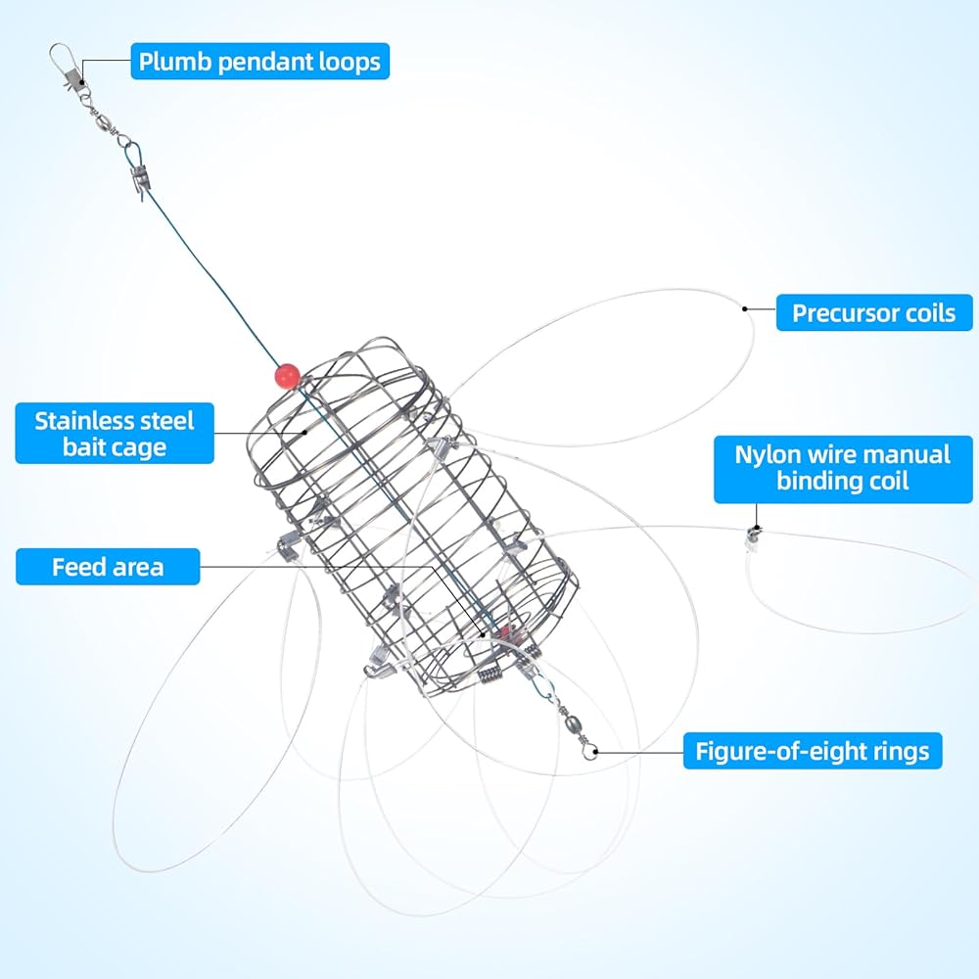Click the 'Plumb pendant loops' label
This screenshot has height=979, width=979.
259,61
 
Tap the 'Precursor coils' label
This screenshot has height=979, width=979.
874,313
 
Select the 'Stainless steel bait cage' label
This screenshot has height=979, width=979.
115,434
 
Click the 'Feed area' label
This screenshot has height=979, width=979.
108,567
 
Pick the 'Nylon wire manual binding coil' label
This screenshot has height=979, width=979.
843,468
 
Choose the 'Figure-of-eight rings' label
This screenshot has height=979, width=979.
813,751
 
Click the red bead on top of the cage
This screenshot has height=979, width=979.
287,376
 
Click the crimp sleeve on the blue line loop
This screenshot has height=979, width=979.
139,181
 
